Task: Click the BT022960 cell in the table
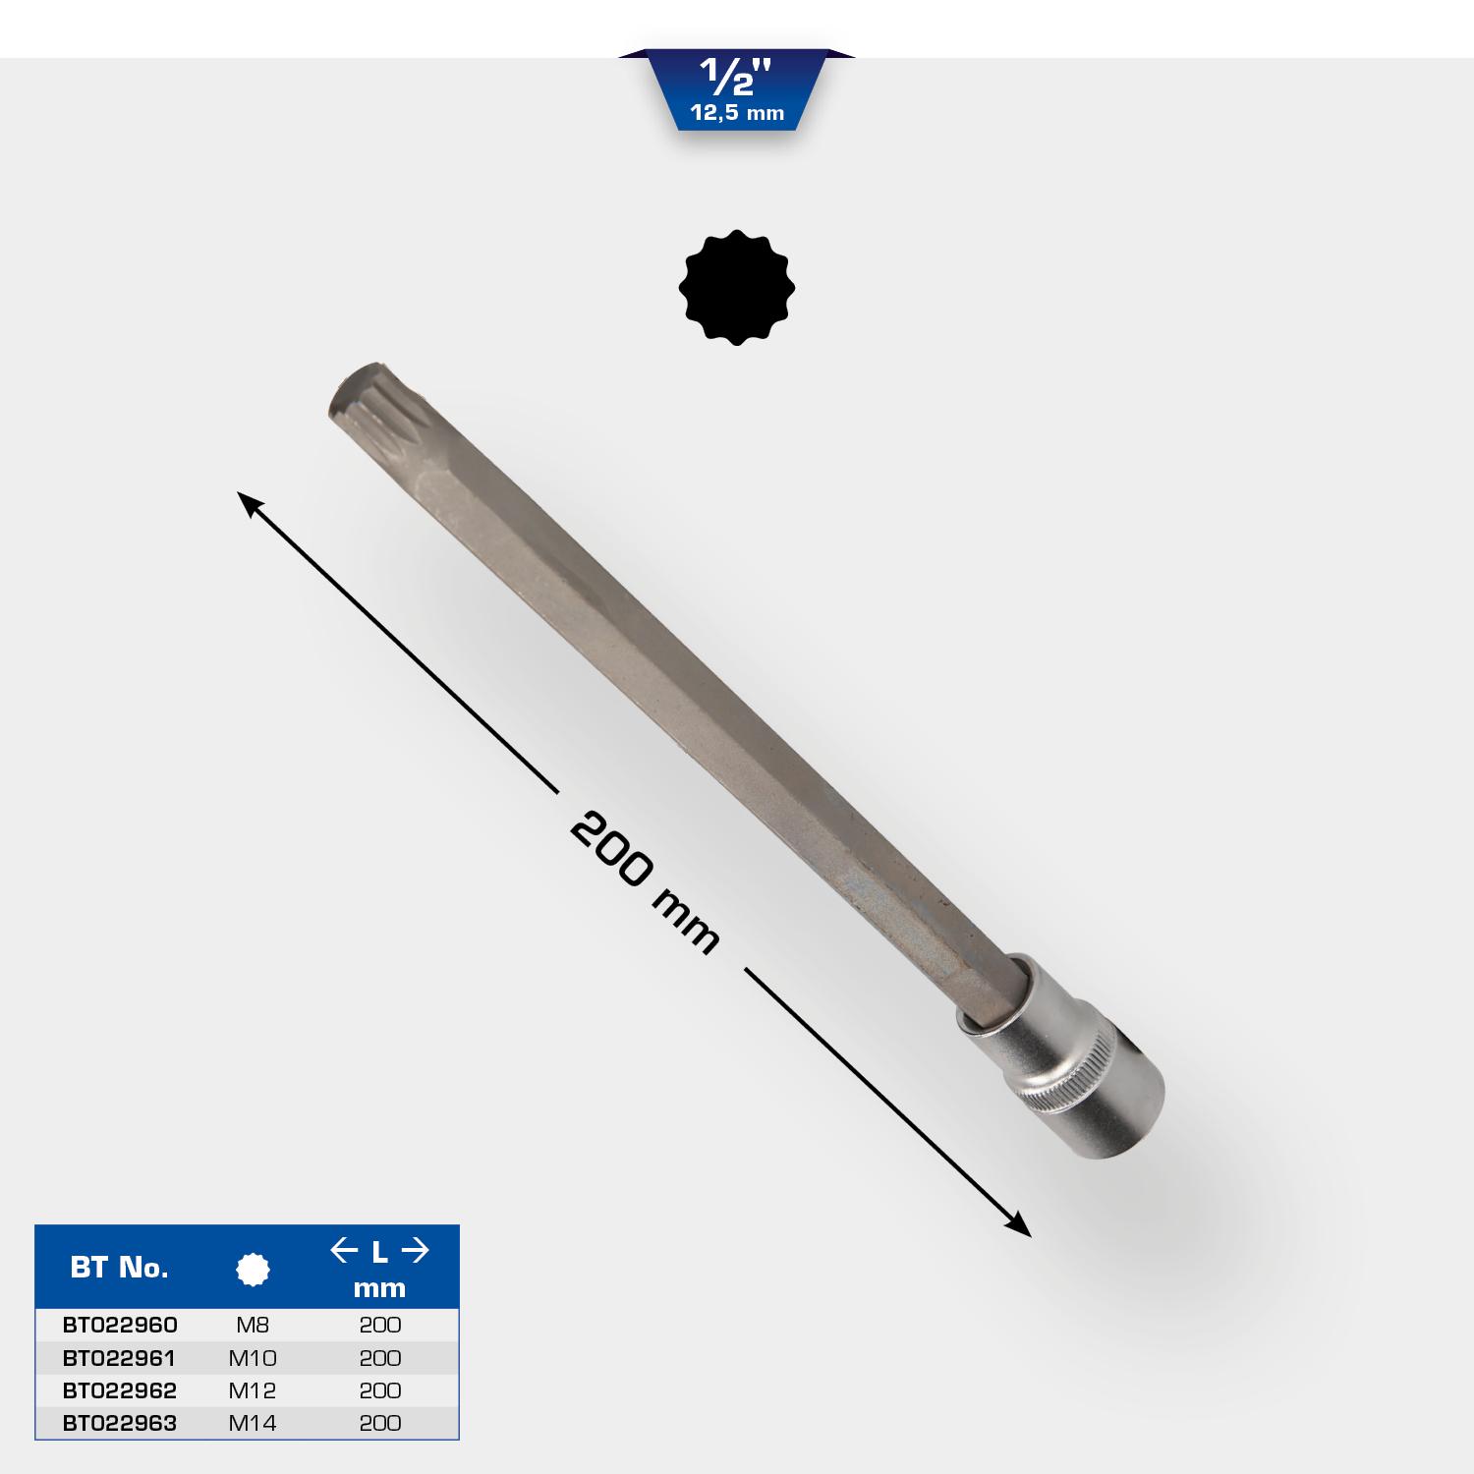coord(120,1325)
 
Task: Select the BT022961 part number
coord(119,1358)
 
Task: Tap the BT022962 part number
coord(120,1390)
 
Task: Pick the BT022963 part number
coord(120,1423)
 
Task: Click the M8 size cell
coord(253,1325)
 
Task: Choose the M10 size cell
coord(253,1358)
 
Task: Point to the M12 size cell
coord(253,1390)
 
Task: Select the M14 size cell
coord(253,1423)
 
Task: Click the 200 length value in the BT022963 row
coord(380,1423)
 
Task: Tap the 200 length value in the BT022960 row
coord(380,1325)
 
